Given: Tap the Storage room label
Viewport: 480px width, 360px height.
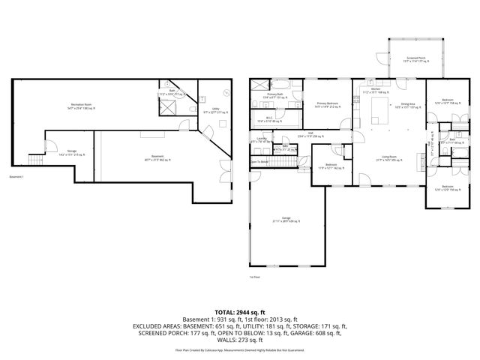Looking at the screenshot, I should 71,152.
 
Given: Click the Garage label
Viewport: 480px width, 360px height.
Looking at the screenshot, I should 286,220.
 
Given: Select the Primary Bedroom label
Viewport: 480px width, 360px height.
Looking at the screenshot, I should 327,104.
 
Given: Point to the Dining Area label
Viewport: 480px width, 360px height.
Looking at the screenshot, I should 408,105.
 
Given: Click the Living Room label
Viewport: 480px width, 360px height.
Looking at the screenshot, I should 388,157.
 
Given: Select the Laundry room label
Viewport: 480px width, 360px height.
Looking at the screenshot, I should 262,139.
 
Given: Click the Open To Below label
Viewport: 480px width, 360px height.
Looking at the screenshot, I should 259,162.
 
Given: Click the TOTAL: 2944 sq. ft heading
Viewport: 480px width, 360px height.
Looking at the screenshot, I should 240,311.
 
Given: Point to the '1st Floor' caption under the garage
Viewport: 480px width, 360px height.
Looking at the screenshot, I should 255,276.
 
